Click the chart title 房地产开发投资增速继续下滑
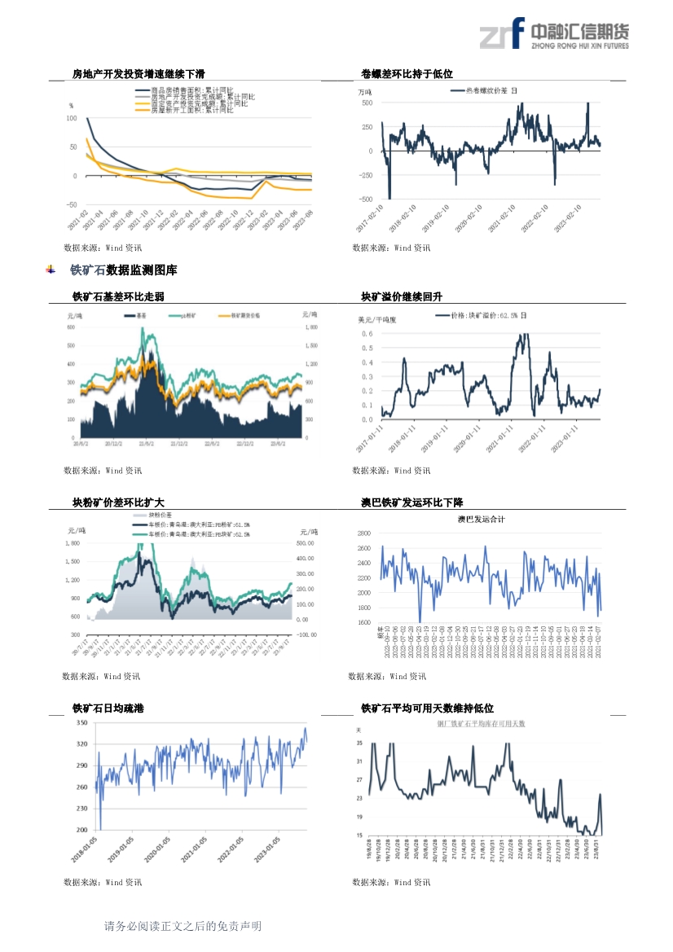tap(139, 74)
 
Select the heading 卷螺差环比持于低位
tap(407, 74)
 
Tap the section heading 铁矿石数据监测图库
tap(123, 270)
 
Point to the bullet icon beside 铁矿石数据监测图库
tap(51, 270)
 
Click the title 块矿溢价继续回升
tap(402, 296)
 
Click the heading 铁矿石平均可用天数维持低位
tap(427, 709)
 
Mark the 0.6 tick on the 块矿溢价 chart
tap(367, 334)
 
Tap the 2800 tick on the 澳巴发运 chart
tap(363, 533)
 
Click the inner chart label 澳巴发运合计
tap(481, 519)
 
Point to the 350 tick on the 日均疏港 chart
tap(81, 723)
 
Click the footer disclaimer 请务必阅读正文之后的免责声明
tap(183, 926)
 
